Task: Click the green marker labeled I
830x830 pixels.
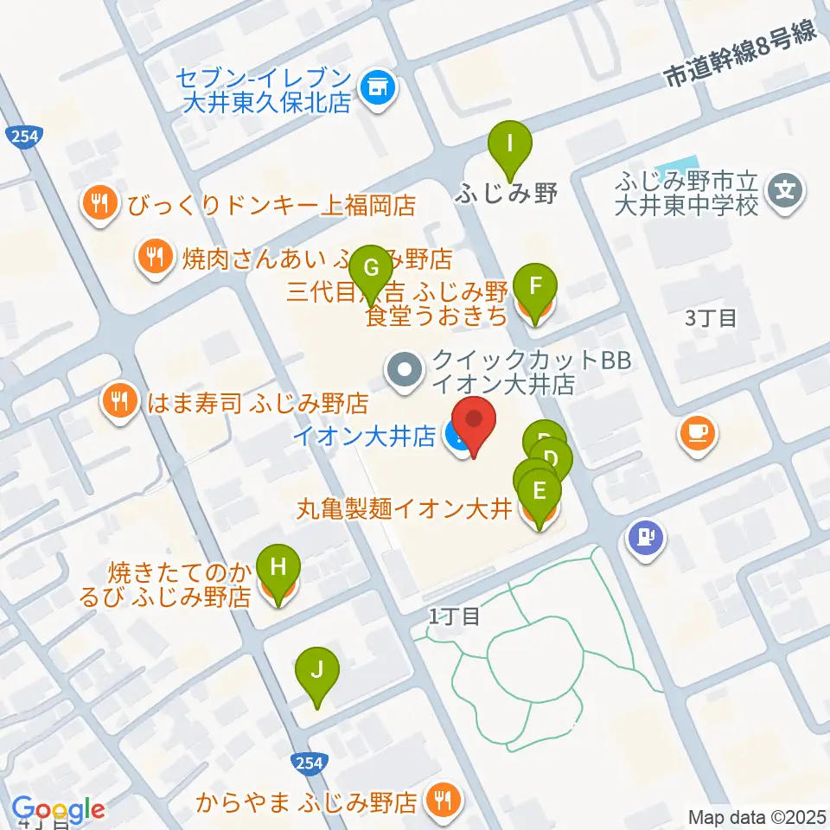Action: (x=510, y=143)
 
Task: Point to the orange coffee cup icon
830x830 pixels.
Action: (x=697, y=431)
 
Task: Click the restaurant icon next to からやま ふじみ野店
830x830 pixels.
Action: (x=444, y=801)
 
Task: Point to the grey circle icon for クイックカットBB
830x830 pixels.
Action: (x=404, y=372)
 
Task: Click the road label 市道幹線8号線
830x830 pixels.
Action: (x=740, y=54)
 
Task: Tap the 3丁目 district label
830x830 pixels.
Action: (x=711, y=318)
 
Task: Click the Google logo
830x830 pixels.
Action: (x=58, y=809)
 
